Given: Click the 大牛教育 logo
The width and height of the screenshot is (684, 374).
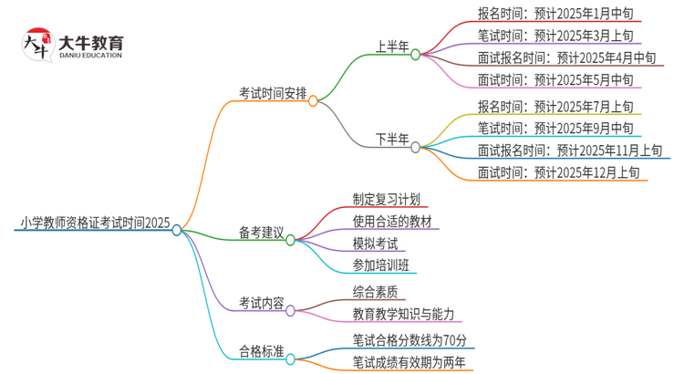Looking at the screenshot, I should (x=72, y=46).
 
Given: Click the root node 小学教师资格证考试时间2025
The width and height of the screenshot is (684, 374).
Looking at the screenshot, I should (x=93, y=222).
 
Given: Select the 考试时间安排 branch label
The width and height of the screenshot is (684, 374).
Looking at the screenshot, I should (x=273, y=93).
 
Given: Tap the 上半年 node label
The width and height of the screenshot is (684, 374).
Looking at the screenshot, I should (x=393, y=47).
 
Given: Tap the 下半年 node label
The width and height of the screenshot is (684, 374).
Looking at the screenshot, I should (x=393, y=139).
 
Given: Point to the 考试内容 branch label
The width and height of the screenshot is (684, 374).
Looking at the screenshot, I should (x=261, y=302).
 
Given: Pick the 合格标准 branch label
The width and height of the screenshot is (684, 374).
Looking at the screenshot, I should (x=261, y=350).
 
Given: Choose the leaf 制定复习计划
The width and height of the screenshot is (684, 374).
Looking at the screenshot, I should (x=386, y=199).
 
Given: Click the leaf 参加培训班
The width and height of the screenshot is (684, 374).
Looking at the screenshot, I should (x=380, y=265).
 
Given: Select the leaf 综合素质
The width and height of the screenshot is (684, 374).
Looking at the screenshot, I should (x=374, y=292).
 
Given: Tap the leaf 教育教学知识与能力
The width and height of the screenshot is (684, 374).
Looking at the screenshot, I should (x=402, y=314).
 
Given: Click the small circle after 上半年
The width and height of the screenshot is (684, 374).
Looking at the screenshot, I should (x=415, y=55).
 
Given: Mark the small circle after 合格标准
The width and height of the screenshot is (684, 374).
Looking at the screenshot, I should (x=290, y=359).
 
